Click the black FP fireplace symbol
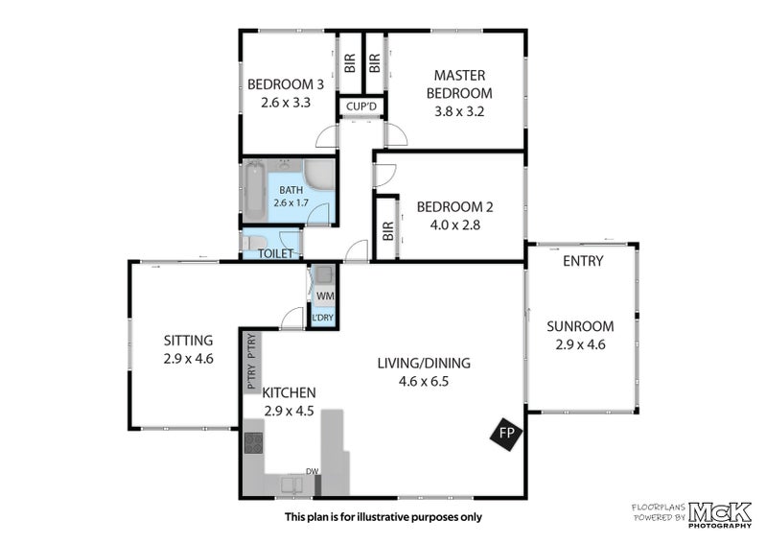tap(507, 434)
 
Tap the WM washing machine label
tap(325, 296)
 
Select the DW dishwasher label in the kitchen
tap(313, 471)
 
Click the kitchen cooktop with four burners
tap(253, 443)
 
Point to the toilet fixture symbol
tap(254, 243)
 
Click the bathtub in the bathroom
tap(254, 191)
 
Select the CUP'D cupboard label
tap(361, 106)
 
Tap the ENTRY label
tap(583, 261)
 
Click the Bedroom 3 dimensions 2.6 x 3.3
tap(286, 103)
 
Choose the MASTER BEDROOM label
tap(459, 84)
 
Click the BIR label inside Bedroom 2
tap(388, 230)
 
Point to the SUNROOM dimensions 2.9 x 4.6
tap(580, 344)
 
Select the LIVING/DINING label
tap(424, 364)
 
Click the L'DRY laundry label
tap(323, 318)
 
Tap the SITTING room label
tap(188, 341)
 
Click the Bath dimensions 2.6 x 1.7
tap(291, 202)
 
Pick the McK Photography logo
tap(720, 515)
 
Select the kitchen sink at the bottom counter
tap(291, 485)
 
